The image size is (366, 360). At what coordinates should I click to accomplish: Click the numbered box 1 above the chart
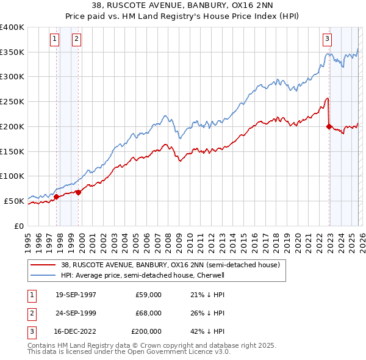(x=54, y=39)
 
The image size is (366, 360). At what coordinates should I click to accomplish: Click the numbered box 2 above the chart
(x=76, y=39)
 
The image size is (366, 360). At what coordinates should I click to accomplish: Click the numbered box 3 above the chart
(x=327, y=39)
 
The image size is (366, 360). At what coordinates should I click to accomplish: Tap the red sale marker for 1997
(x=57, y=196)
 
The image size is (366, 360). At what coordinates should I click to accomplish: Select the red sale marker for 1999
(x=79, y=192)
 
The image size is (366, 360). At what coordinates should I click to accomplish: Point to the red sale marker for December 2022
(x=329, y=127)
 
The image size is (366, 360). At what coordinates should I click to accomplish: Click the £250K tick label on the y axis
(x=12, y=102)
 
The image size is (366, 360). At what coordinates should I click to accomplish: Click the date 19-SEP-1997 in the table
(x=76, y=295)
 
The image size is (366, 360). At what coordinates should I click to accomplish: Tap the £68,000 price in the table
(x=148, y=313)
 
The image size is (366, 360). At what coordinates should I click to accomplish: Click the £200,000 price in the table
(x=146, y=331)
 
